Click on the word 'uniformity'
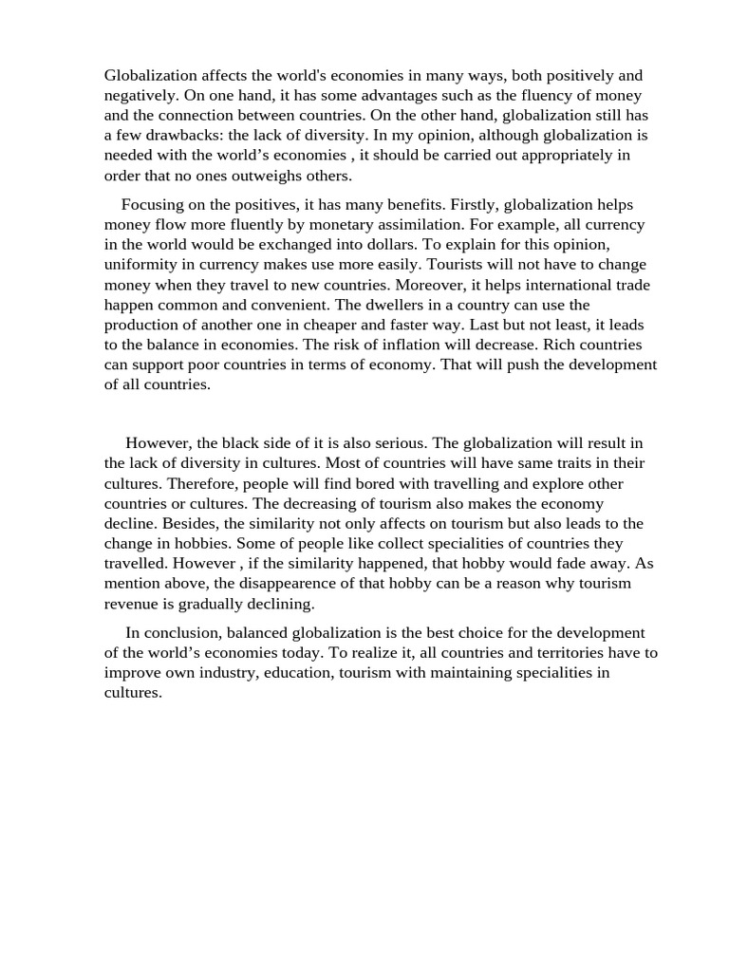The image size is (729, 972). click(x=143, y=265)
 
